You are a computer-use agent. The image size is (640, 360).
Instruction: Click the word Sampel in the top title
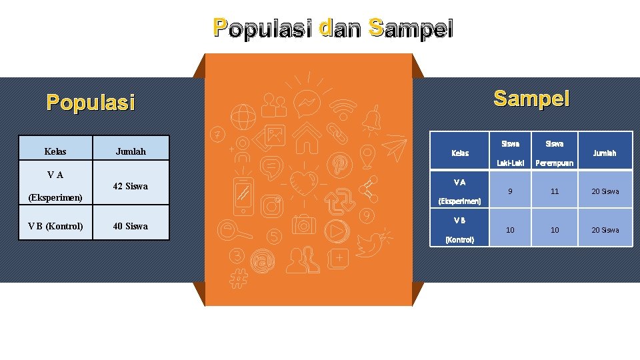coord(411,29)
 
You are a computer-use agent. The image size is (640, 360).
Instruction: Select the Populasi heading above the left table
coord(91,103)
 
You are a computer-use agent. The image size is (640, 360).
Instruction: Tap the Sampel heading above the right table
coord(531,99)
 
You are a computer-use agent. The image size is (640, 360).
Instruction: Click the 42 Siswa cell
coord(131,186)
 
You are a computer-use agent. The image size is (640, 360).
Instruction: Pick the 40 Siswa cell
coord(131,226)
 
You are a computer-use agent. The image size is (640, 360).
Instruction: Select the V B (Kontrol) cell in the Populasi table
coord(55,226)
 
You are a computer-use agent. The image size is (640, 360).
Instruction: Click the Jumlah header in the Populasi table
coord(131,151)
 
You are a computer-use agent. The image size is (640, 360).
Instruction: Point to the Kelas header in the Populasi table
coord(55,151)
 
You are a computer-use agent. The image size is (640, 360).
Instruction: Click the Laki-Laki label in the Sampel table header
coord(511,163)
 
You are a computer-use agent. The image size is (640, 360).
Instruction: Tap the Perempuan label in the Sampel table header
coord(555,163)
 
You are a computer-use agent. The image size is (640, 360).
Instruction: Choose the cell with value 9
coord(511,191)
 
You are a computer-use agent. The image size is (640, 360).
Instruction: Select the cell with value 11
coord(555,191)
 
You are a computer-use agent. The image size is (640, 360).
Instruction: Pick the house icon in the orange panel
coord(307,139)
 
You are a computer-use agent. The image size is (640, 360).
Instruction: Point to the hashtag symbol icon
coord(237,278)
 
